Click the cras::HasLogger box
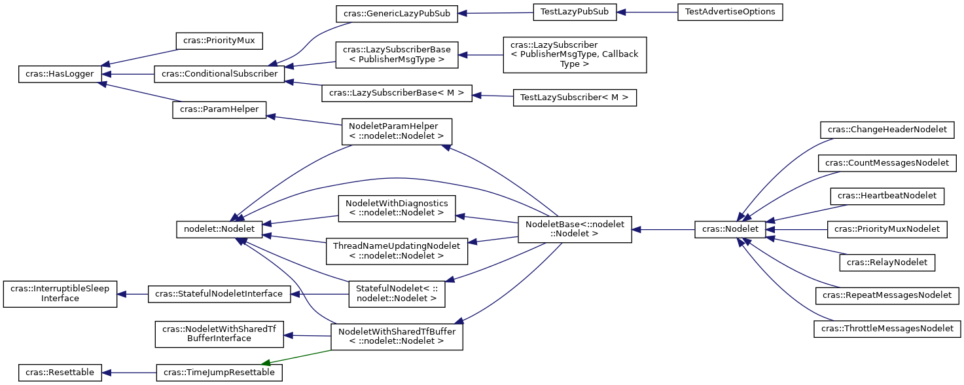pyautogui.click(x=60, y=75)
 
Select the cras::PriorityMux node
pyautogui.click(x=219, y=41)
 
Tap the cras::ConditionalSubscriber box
pyautogui.click(x=219, y=74)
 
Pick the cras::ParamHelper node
pyautogui.click(x=219, y=109)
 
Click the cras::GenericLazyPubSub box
pyautogui.click(x=397, y=13)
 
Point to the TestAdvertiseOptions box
pyautogui.click(x=730, y=12)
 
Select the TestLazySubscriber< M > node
pyautogui.click(x=575, y=98)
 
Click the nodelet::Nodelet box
pyautogui.click(x=219, y=229)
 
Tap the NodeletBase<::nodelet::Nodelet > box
pyautogui.click(x=575, y=230)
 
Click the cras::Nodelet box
pyautogui.click(x=730, y=229)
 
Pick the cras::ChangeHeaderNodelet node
pyautogui.click(x=887, y=130)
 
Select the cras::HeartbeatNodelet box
pyautogui.click(x=887, y=196)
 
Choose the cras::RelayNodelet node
pyautogui.click(x=887, y=263)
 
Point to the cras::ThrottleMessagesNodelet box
pyautogui.click(x=887, y=329)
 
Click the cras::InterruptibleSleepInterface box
pyautogui.click(x=60, y=294)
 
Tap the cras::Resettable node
pyautogui.click(x=60, y=373)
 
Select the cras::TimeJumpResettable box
pyautogui.click(x=219, y=373)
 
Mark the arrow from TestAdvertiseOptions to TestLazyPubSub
pyautogui.click(x=648, y=12)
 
